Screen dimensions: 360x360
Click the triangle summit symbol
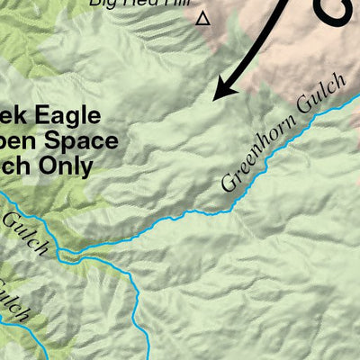[x=202, y=18]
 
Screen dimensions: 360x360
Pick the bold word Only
[x=71, y=166]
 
